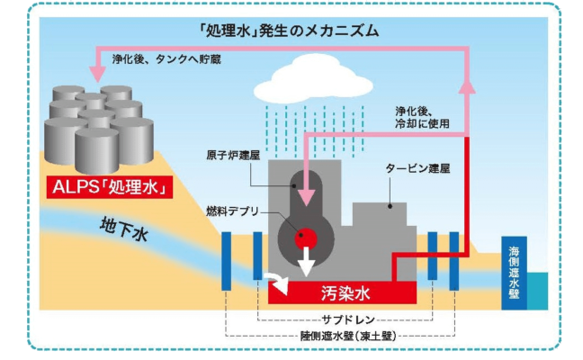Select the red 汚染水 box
[341, 292]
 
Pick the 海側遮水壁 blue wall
[514, 270]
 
